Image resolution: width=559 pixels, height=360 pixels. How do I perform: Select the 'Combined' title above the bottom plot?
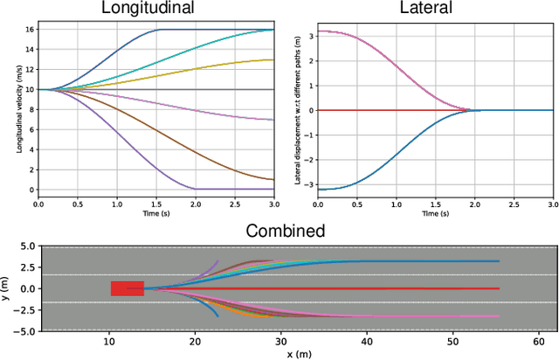[x=286, y=232]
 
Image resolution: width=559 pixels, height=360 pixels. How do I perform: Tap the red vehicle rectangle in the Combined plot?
[x=127, y=288]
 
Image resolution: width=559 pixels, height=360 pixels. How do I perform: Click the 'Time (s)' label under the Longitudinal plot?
[x=157, y=212]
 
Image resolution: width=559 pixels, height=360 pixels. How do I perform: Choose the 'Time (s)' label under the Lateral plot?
[x=435, y=212]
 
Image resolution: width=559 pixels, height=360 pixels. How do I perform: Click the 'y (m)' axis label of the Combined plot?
[x=6, y=289]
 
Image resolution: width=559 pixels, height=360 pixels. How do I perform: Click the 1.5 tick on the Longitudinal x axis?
[x=157, y=203]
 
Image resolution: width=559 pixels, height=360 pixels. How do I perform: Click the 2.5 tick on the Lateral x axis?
[x=514, y=203]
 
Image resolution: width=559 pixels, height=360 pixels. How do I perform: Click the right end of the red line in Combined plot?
[x=498, y=288]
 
